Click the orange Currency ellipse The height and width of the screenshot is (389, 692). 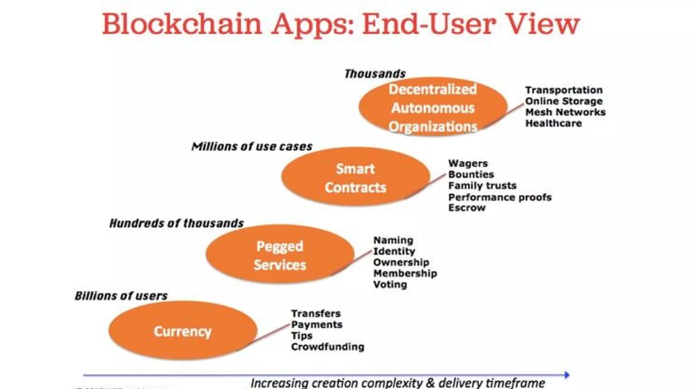(x=183, y=331)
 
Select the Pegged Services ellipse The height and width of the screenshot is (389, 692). (x=280, y=255)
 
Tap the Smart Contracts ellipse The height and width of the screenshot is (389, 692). (x=355, y=177)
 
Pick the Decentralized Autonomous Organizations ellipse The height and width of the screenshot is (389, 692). (x=433, y=107)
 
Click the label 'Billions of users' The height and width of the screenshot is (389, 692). (x=121, y=296)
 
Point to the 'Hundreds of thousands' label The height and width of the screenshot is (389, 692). (x=176, y=223)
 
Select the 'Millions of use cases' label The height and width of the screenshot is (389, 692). (x=252, y=147)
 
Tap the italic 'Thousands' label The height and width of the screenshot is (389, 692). (x=375, y=74)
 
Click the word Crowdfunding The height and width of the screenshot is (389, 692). (x=327, y=347)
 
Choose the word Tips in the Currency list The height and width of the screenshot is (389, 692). (x=302, y=336)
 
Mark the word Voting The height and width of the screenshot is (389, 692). (x=390, y=284)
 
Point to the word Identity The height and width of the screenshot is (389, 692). (x=394, y=251)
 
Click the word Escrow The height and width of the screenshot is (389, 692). (x=467, y=208)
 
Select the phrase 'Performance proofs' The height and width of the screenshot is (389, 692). (x=500, y=197)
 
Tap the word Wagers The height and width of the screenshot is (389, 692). (x=468, y=163)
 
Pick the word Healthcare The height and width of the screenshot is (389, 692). (x=553, y=123)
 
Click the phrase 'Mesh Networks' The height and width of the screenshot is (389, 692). (x=565, y=112)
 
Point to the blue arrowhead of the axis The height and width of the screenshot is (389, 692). (x=567, y=375)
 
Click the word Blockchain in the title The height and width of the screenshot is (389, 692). (x=182, y=24)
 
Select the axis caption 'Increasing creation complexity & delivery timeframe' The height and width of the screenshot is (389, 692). (x=397, y=383)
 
